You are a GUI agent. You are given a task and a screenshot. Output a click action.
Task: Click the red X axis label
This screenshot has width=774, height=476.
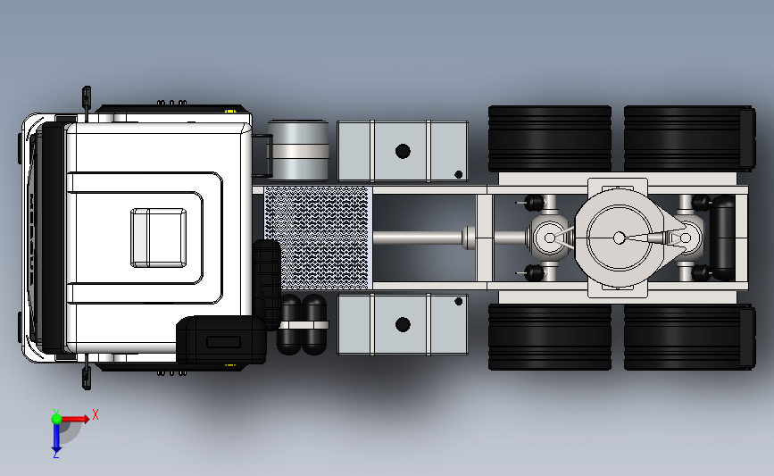tap(96, 414)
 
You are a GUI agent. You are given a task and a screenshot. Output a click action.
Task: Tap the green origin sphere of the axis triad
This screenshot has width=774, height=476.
tap(56, 419)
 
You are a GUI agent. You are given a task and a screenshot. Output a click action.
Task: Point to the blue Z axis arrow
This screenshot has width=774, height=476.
tap(56, 438)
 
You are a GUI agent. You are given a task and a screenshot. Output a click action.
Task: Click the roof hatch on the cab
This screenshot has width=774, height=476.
tap(158, 238)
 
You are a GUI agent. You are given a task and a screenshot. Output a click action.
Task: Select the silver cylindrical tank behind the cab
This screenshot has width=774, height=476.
tap(298, 151)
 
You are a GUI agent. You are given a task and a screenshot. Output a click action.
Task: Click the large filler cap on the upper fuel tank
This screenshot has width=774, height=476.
tap(403, 151)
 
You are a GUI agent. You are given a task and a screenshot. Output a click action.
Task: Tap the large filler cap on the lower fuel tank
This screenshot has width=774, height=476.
tap(403, 324)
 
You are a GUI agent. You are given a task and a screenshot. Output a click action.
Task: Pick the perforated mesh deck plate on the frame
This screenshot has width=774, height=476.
tap(318, 238)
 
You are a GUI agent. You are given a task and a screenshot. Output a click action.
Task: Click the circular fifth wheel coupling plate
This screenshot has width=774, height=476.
tap(619, 238)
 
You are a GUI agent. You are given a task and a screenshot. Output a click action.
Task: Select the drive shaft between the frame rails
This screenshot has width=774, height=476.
tap(420, 238)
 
